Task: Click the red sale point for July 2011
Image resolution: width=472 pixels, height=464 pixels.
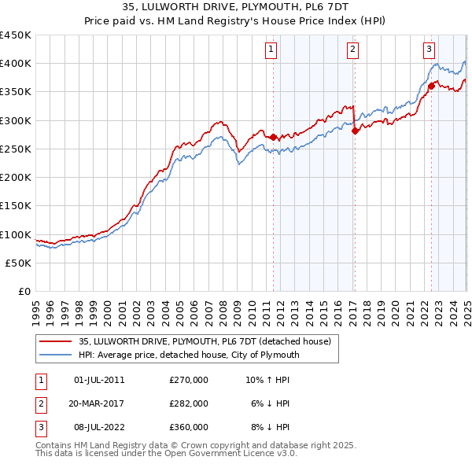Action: click(x=273, y=137)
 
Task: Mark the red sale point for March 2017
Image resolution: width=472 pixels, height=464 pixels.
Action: click(x=355, y=131)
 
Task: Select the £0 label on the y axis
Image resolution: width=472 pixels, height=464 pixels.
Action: click(x=25, y=292)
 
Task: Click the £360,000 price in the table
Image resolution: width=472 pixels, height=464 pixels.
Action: click(x=189, y=427)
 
